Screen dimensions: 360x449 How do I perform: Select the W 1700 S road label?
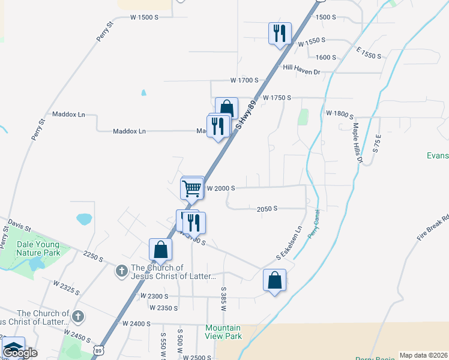pos(244,80)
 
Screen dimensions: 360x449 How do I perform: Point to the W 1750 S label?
pos(277,97)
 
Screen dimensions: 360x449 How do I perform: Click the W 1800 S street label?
pos(340,113)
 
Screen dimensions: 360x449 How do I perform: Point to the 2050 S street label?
pos(267,209)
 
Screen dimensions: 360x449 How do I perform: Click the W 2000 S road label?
pos(220,188)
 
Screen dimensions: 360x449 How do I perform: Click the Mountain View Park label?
pos(223,332)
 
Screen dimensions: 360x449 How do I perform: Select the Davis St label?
pos(19,227)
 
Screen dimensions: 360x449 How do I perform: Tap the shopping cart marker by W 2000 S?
pos(192,188)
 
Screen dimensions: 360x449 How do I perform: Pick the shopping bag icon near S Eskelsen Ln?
pos(274,280)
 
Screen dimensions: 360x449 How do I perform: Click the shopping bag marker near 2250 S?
pos(161,250)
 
